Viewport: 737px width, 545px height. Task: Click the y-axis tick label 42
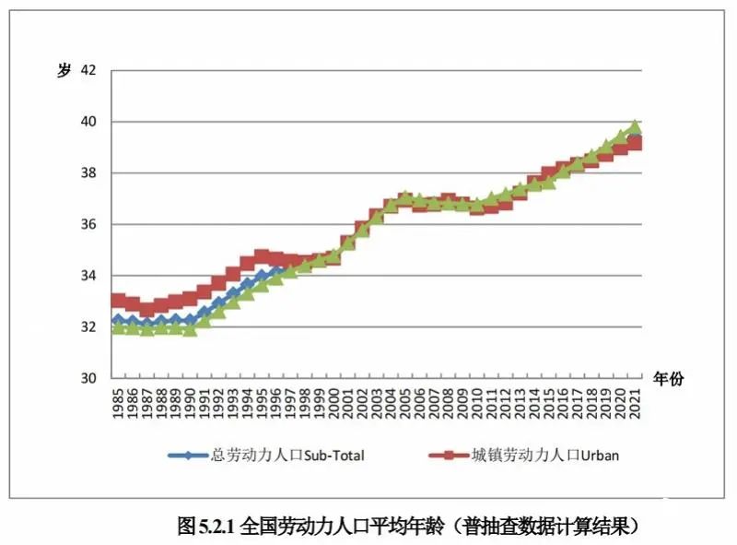coord(88,70)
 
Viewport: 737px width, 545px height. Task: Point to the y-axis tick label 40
coord(88,122)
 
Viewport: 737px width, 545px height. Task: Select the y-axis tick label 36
coord(88,224)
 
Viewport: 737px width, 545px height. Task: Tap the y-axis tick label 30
coord(88,378)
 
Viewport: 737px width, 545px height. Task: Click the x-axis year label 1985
coord(118,403)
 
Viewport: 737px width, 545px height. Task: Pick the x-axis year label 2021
coord(636,403)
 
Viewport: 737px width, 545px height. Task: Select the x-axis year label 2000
coord(333,403)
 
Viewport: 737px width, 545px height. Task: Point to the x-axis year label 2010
coord(477,403)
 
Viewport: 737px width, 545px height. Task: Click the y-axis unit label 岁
coord(64,70)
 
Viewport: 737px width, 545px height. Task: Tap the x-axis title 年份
coord(669,378)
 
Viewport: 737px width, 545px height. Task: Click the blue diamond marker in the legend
coord(188,456)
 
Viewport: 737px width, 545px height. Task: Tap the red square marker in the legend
coord(449,456)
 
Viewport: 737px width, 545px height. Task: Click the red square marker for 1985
coord(118,300)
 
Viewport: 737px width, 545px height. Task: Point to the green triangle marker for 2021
coord(636,126)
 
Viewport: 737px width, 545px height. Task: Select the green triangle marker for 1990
coord(190,330)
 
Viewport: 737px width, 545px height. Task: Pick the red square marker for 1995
coord(262,256)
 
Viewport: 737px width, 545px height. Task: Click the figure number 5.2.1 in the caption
coord(216,527)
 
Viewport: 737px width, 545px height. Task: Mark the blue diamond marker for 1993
coord(233,292)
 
